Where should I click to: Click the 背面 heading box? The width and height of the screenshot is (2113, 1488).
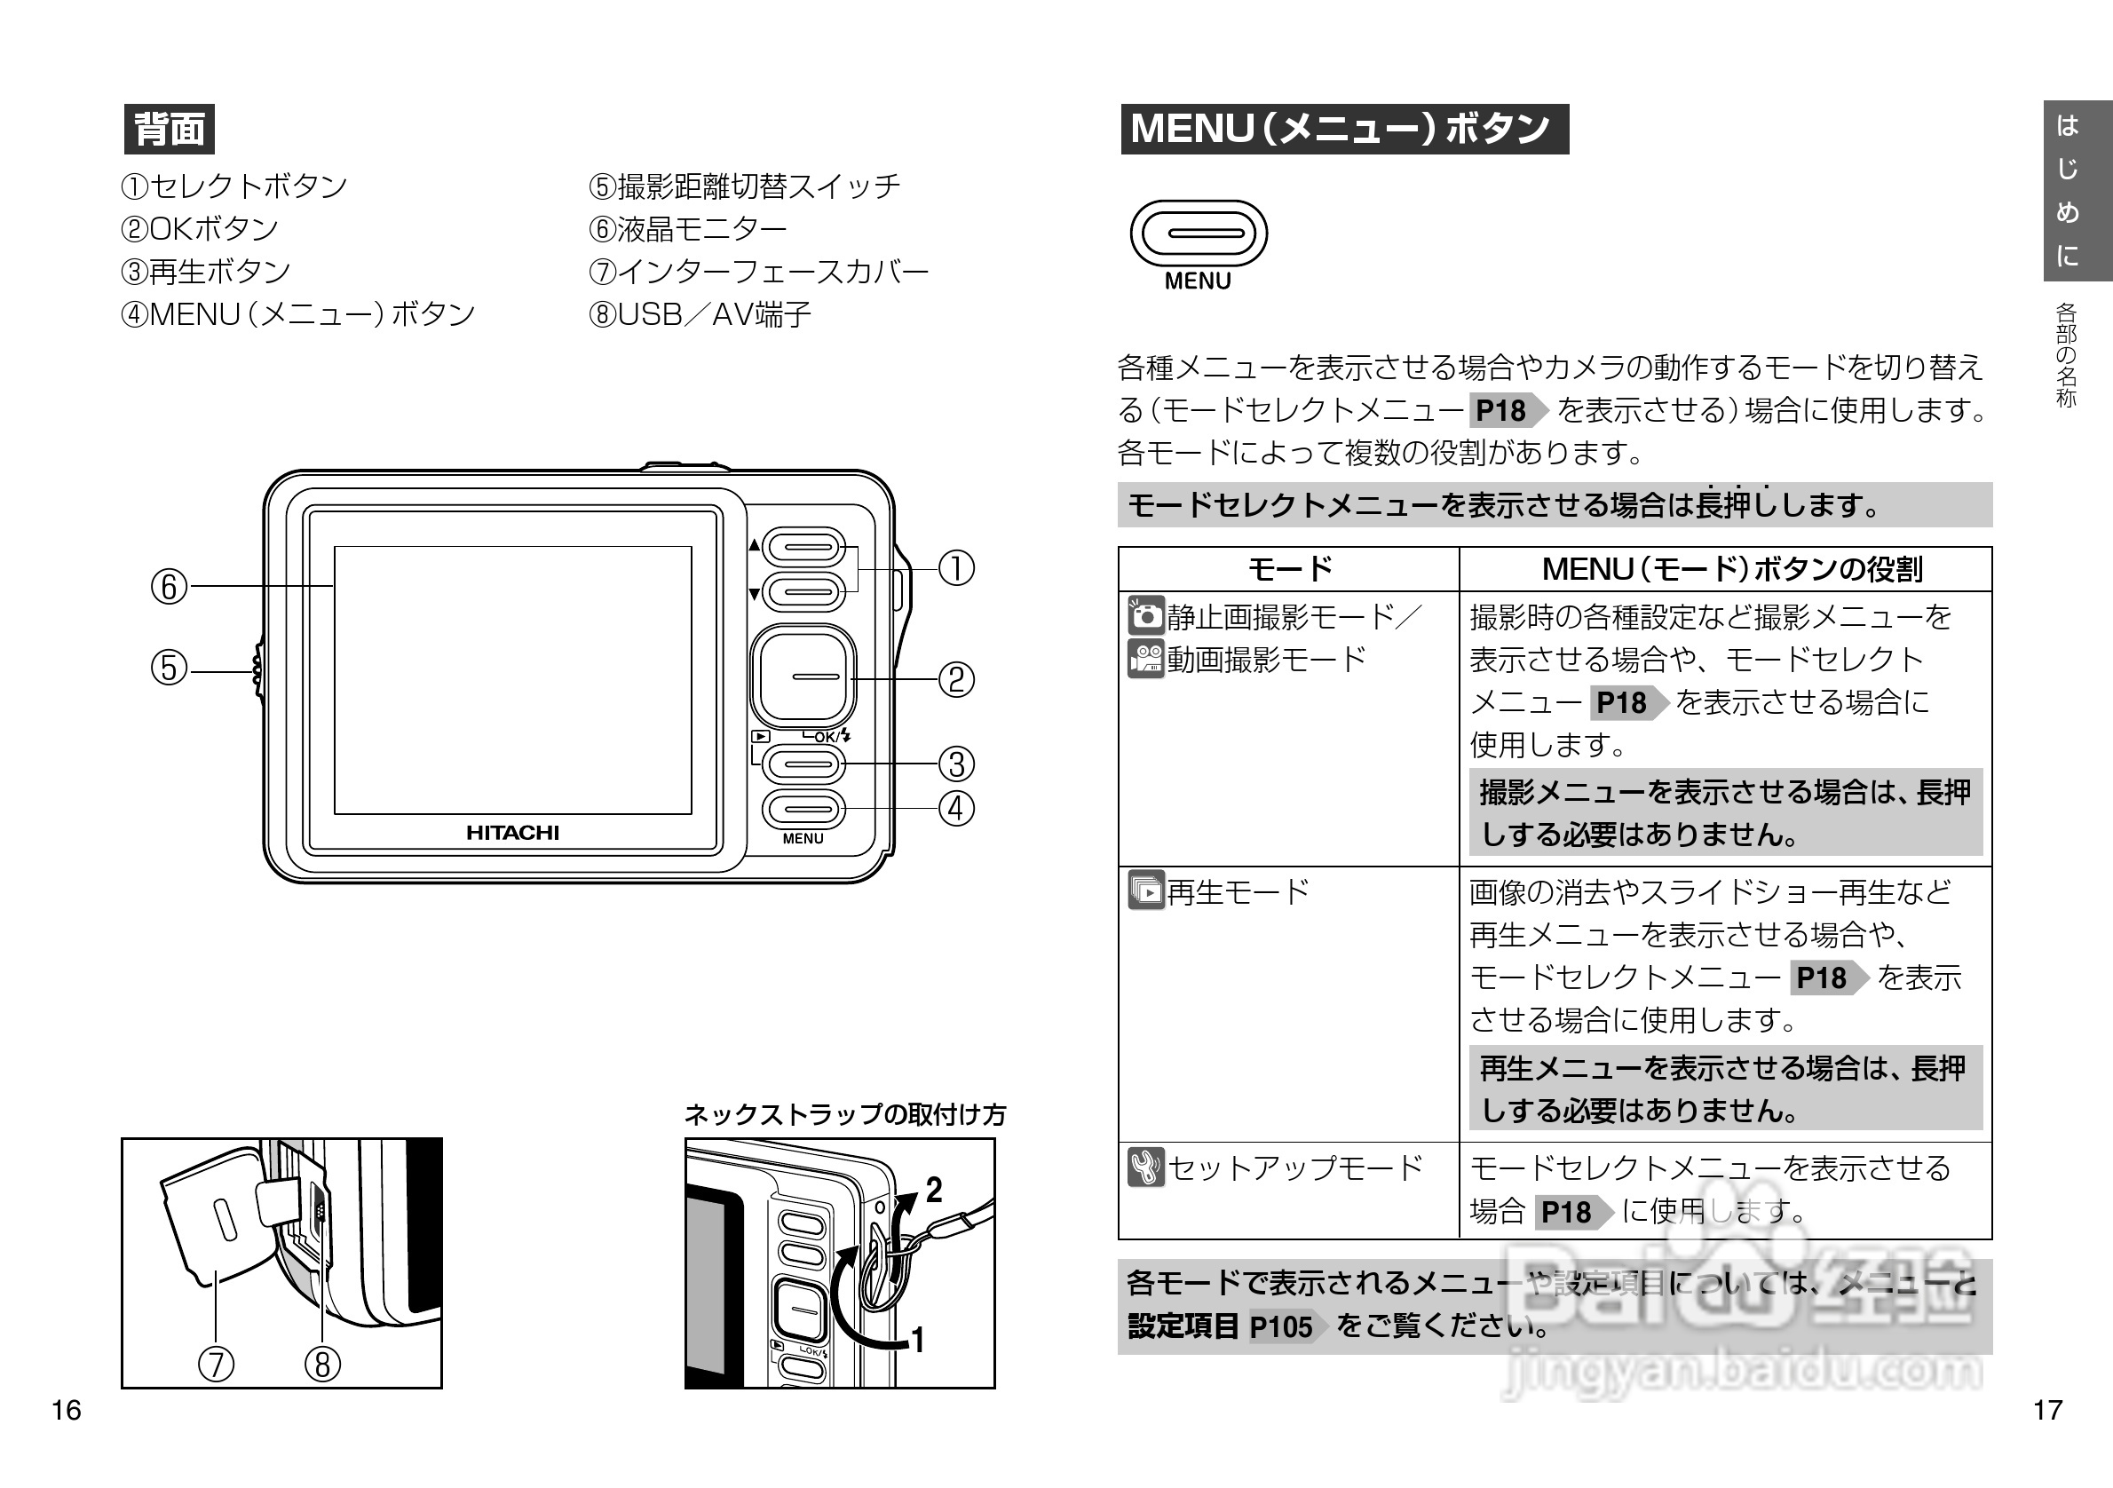(x=170, y=129)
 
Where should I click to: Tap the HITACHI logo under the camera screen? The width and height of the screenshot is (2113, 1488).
(x=512, y=833)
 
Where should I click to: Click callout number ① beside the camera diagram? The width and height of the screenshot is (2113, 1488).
(x=956, y=569)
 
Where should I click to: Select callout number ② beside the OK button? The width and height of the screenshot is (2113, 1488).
(x=956, y=680)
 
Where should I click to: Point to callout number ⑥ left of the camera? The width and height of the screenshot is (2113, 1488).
(x=169, y=587)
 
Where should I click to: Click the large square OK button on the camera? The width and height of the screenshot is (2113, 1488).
(x=803, y=677)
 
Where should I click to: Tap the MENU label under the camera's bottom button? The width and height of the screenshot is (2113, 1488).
(x=803, y=839)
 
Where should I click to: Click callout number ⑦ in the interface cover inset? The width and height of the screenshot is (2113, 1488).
(x=217, y=1364)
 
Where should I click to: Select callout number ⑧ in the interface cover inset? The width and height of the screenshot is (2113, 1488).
(x=322, y=1364)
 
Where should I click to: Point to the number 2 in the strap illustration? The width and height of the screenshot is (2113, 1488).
(x=934, y=1191)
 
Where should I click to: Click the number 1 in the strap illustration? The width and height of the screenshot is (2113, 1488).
(x=917, y=1340)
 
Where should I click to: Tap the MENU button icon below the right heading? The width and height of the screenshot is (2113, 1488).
(x=1199, y=233)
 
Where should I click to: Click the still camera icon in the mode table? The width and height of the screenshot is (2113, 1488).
(x=1146, y=615)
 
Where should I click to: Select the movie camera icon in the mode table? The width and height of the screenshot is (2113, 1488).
(x=1146, y=659)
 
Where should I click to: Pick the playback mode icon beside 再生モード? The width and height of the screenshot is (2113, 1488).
(x=1146, y=890)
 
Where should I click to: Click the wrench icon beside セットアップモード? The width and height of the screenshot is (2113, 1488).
(x=1146, y=1167)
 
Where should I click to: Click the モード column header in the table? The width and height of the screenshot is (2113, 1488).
(x=1289, y=570)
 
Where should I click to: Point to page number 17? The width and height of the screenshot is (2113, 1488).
(x=2047, y=1411)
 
